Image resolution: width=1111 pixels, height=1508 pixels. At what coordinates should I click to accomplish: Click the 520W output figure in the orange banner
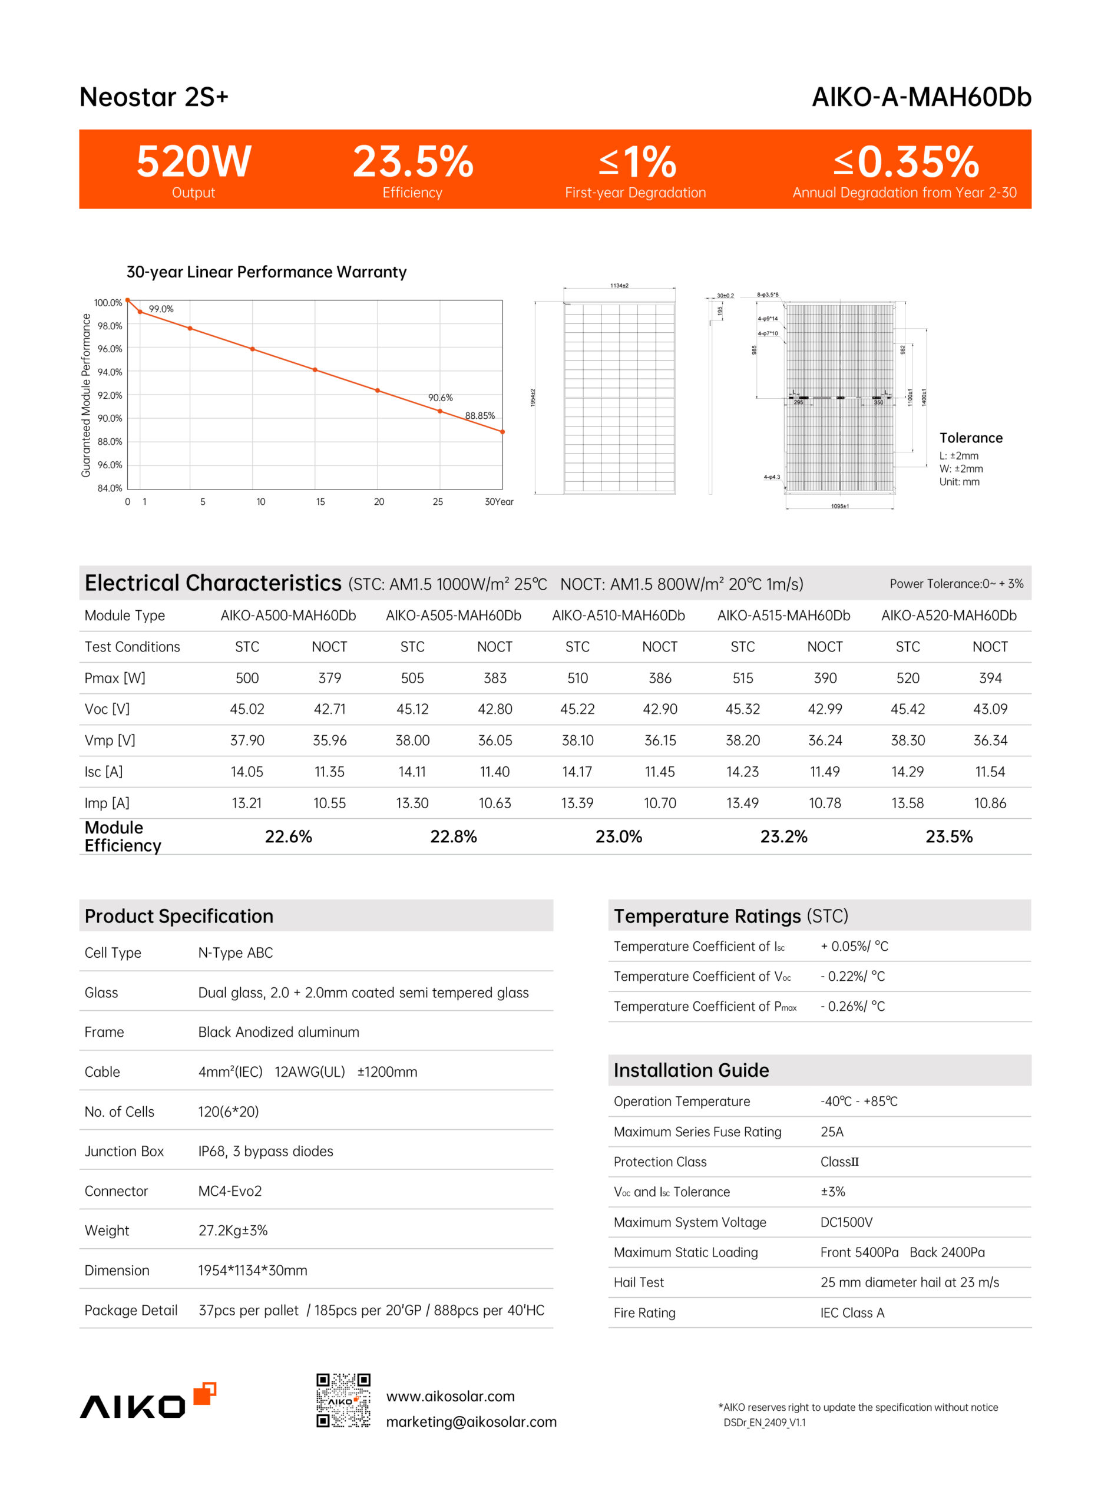(x=194, y=162)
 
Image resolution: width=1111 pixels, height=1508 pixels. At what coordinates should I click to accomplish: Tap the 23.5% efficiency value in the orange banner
(x=413, y=162)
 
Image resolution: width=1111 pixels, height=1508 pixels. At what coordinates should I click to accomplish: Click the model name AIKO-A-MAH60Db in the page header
(x=921, y=97)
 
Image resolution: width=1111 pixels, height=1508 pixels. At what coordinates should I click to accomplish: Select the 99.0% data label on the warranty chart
(x=161, y=309)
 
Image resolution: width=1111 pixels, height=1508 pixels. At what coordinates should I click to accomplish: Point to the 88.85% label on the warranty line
(x=480, y=416)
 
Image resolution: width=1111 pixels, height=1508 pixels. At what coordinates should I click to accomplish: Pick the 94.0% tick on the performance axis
(x=110, y=372)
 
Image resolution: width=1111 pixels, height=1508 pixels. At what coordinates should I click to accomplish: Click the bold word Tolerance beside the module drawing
(x=970, y=438)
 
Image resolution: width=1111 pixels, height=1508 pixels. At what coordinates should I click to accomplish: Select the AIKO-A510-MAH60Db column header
(x=618, y=616)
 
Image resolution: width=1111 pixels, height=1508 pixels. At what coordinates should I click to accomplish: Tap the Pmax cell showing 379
(x=329, y=679)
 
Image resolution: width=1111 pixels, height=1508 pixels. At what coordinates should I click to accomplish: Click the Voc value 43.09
(x=990, y=709)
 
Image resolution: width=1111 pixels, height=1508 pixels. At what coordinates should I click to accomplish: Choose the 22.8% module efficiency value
(x=453, y=837)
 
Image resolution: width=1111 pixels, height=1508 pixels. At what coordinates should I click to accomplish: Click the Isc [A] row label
(x=104, y=772)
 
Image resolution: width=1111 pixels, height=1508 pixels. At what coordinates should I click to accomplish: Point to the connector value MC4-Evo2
(x=230, y=1191)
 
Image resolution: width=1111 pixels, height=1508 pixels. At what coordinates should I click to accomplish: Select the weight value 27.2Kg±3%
(x=233, y=1231)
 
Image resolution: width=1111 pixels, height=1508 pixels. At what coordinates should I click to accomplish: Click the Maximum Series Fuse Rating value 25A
(x=832, y=1132)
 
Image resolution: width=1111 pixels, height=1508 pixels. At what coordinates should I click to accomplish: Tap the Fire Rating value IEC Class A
(x=852, y=1313)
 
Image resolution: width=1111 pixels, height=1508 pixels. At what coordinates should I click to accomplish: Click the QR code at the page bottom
(x=343, y=1400)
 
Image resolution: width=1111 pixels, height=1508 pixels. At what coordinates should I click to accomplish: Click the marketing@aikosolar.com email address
(x=471, y=1422)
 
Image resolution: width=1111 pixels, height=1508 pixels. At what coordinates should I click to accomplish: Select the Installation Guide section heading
(x=690, y=1071)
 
